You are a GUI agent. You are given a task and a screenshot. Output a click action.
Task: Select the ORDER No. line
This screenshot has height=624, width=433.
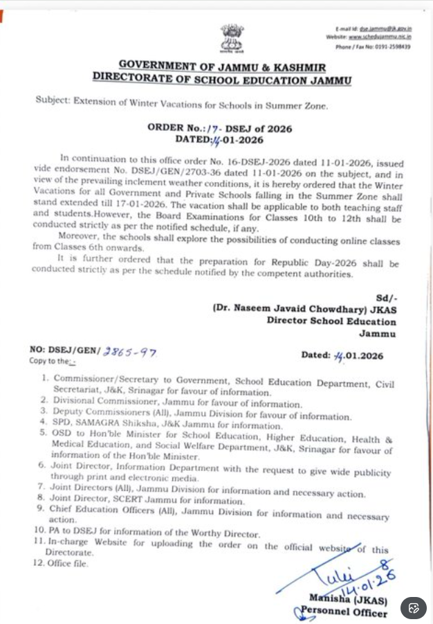(220, 128)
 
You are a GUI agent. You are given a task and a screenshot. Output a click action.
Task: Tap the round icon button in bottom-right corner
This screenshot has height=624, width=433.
(414, 608)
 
